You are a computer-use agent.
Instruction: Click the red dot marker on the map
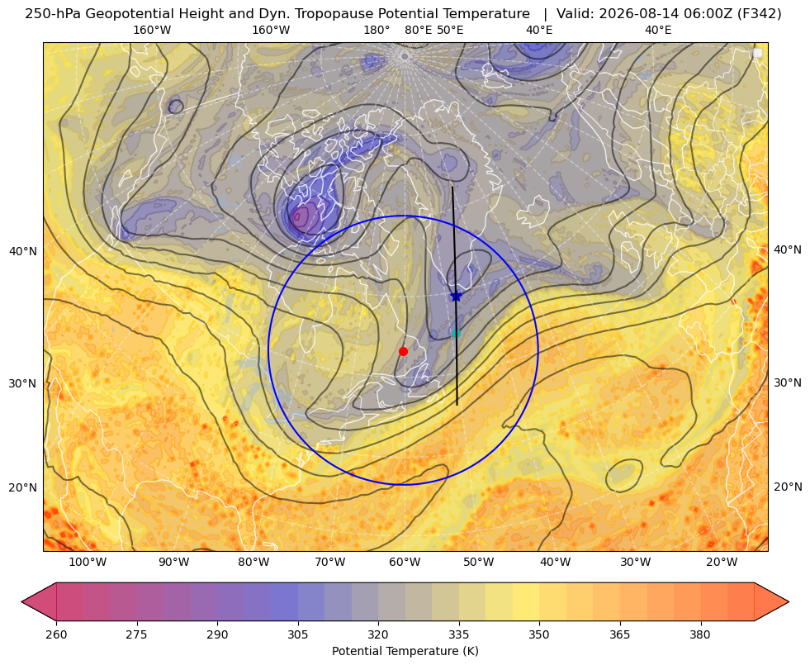point(404,351)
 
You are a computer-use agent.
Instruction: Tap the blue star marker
point(456,296)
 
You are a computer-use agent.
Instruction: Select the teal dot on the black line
point(456,333)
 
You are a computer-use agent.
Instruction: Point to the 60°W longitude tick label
point(405,563)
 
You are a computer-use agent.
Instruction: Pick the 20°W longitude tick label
point(722,563)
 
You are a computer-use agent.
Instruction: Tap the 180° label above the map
point(377,30)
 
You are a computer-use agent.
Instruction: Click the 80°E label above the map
point(418,30)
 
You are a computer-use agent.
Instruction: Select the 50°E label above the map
point(450,30)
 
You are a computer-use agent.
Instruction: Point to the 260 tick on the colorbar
point(56,634)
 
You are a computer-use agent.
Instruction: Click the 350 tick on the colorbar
point(539,634)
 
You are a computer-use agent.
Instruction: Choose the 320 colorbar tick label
point(378,634)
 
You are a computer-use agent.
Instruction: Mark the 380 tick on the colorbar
point(700,634)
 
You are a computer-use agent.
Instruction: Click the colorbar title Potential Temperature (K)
point(405,651)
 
